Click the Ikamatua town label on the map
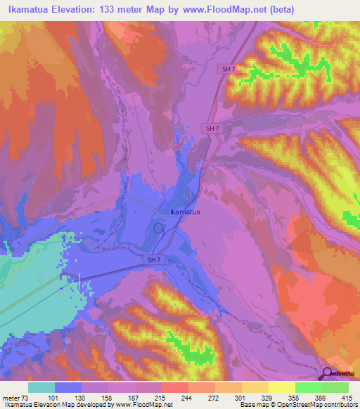point(186,211)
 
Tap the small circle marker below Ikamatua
point(158,228)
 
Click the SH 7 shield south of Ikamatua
point(155,260)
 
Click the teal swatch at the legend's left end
point(41,387)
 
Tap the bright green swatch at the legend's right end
point(335,387)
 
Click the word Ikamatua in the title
point(27,9)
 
